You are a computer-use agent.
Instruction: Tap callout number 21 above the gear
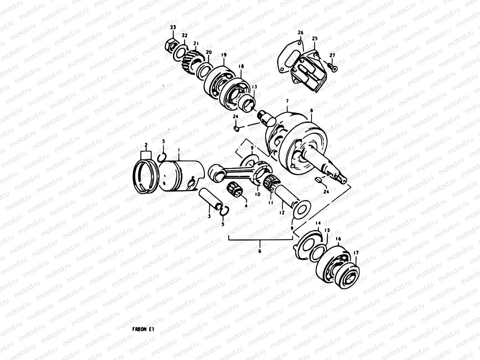(x=196, y=43)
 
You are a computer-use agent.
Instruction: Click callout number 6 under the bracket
(x=260, y=250)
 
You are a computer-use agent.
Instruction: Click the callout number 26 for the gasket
(x=301, y=32)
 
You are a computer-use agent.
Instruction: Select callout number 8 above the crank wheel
(x=311, y=110)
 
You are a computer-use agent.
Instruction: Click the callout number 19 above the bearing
(x=223, y=55)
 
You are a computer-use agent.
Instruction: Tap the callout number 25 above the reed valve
(x=314, y=39)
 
